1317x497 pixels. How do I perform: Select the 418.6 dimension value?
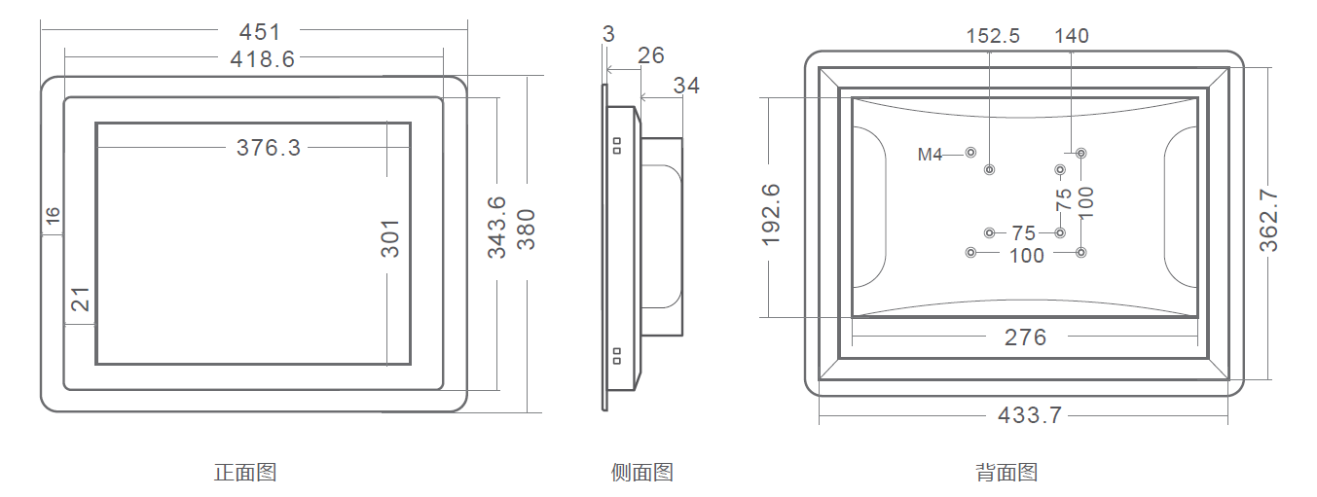[262, 59]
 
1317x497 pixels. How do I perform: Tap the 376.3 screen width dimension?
[269, 148]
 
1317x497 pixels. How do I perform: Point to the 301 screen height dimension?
[389, 237]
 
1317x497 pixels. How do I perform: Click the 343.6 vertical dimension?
[496, 227]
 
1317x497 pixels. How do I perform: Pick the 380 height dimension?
[527, 229]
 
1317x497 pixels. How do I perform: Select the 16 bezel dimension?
[54, 216]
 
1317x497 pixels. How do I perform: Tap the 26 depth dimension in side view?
[651, 55]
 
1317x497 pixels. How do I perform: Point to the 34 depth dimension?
[686, 86]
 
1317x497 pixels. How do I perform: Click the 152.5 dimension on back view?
[993, 36]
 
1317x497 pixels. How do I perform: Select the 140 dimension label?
[1072, 36]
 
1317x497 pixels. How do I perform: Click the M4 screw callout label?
[931, 154]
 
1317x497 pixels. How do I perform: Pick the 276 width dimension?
[1025, 337]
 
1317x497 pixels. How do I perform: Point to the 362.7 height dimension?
[1269, 221]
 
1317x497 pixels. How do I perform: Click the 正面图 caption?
[245, 473]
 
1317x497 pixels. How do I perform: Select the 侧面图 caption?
[642, 473]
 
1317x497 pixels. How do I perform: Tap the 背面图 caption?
[1006, 473]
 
